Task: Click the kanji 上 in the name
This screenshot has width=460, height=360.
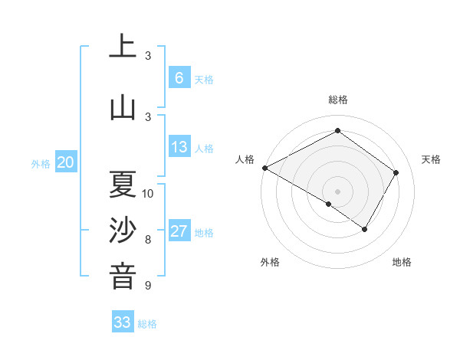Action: pyautogui.click(x=123, y=47)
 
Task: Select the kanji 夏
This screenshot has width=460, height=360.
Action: pyautogui.click(x=123, y=185)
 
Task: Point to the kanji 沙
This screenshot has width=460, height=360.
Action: pyautogui.click(x=123, y=231)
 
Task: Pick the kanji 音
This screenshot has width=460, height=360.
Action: pyautogui.click(x=123, y=277)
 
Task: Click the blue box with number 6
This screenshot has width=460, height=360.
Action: pyautogui.click(x=179, y=78)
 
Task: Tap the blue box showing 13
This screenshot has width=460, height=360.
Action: pyautogui.click(x=179, y=147)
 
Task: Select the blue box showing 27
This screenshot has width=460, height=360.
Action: pyautogui.click(x=179, y=231)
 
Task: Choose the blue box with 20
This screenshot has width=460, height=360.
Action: pyautogui.click(x=66, y=162)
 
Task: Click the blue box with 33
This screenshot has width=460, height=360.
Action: pyautogui.click(x=123, y=322)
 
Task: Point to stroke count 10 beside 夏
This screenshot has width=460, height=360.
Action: pyautogui.click(x=148, y=193)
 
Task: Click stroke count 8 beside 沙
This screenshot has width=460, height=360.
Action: pyautogui.click(x=148, y=239)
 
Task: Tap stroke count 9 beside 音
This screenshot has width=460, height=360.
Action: pyautogui.click(x=148, y=286)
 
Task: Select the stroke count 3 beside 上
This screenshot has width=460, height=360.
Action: pyautogui.click(x=148, y=56)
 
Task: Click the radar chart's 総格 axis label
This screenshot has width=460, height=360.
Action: pyautogui.click(x=337, y=100)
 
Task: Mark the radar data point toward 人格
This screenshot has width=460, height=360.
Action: pyautogui.click(x=264, y=167)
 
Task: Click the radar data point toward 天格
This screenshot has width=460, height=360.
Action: pyautogui.click(x=396, y=172)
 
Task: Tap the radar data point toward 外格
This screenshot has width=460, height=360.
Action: pyautogui.click(x=329, y=204)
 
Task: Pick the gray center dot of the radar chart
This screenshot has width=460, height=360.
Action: pyautogui.click(x=337, y=191)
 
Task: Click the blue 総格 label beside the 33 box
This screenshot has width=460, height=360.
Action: pyautogui.click(x=147, y=324)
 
